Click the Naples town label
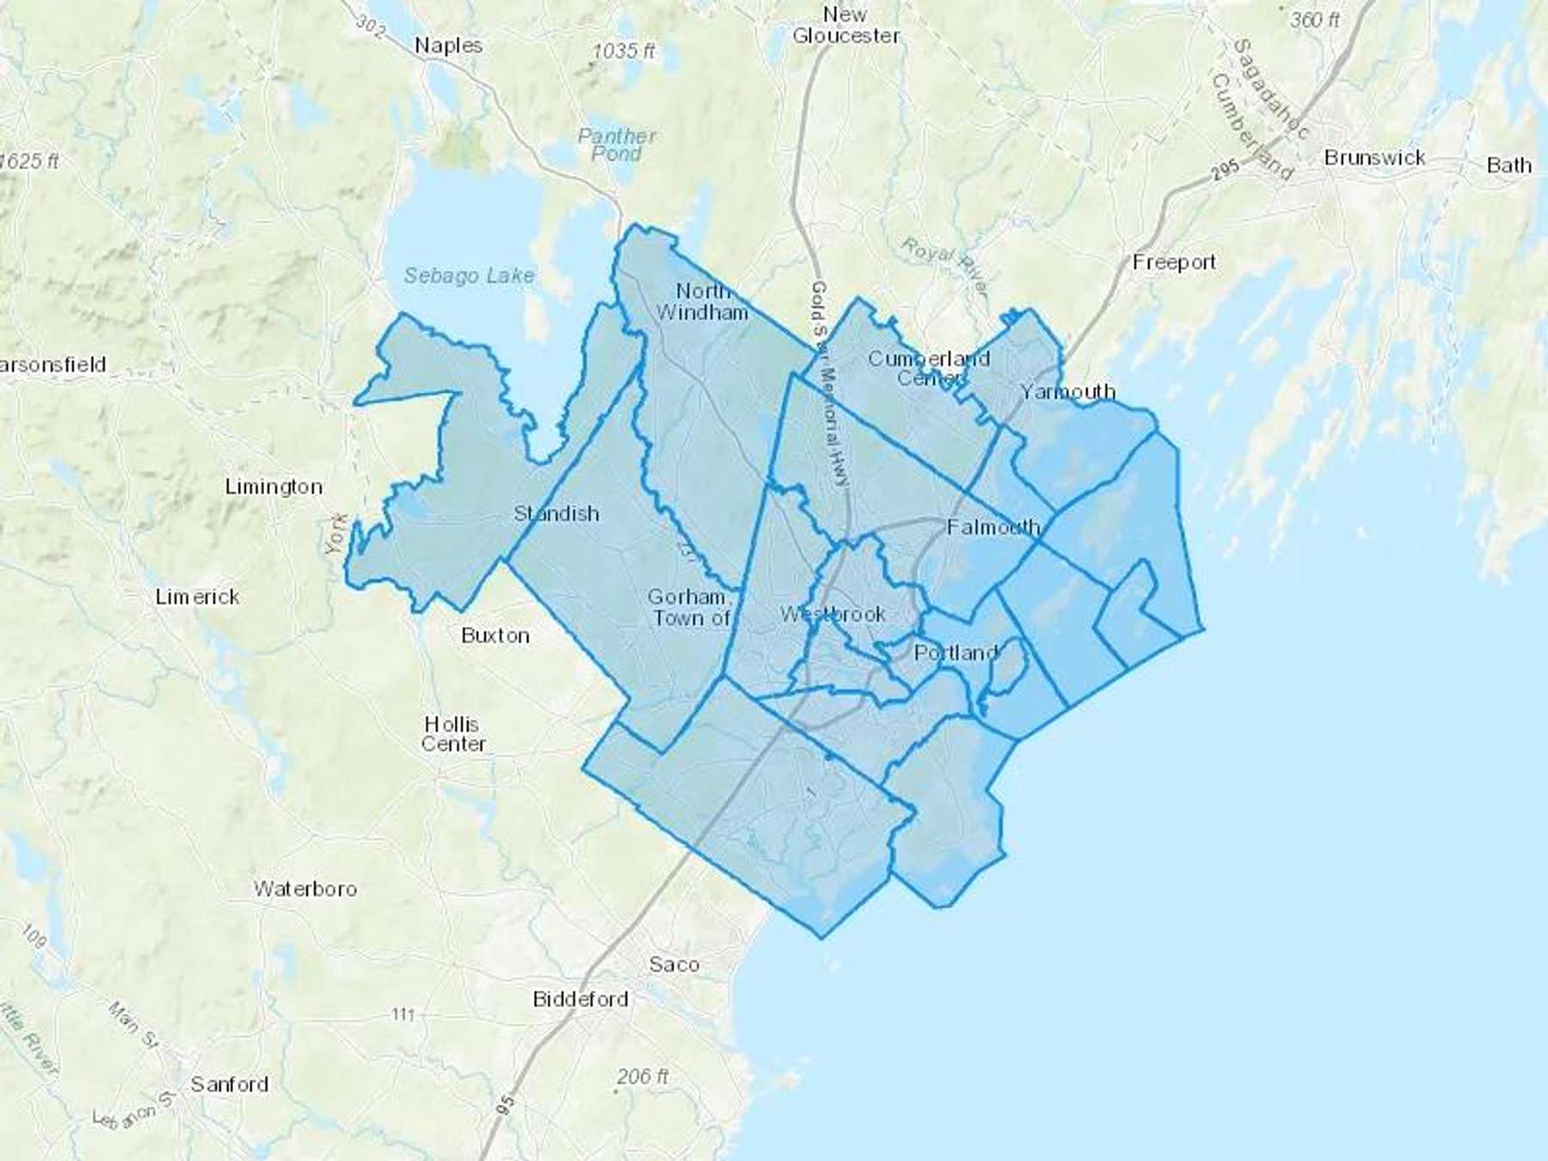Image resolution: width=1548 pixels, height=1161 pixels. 448,46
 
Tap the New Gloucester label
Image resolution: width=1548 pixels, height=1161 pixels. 845,25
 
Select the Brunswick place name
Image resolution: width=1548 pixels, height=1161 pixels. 1374,158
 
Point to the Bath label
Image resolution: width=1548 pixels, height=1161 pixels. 1508,165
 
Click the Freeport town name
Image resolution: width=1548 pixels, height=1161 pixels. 1174,262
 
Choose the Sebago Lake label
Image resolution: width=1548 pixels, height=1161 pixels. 469,276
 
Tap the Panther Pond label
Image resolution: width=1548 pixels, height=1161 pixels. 617,144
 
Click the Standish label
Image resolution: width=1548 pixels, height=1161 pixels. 556,513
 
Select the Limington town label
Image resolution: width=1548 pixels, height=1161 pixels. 273,487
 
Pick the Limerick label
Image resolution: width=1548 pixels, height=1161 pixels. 197,597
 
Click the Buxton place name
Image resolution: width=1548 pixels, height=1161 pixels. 494,636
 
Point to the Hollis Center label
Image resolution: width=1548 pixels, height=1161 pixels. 452,734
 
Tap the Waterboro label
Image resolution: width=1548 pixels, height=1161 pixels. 304,888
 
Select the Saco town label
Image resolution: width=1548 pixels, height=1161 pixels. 674,964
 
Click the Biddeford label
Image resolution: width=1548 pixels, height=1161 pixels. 580,999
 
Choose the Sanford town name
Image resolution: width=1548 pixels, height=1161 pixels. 229,1084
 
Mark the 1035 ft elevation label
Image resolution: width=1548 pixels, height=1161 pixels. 623,52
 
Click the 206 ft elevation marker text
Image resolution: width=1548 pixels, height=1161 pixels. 642,1077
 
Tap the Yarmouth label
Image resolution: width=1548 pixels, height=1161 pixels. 1067,392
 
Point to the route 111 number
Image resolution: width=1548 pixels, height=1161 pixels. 402,1015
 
